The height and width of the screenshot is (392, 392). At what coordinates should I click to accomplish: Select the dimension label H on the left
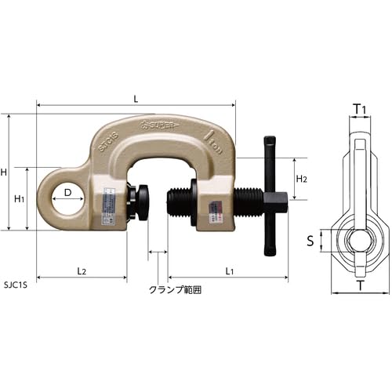pos(5,172)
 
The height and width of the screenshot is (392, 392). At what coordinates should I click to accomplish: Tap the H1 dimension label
pos(20,199)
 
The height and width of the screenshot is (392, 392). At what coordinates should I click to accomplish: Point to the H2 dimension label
pos(301,180)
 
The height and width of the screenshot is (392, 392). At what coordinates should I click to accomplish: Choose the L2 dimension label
pos(82,270)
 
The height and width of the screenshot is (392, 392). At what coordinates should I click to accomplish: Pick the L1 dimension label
pos(229,270)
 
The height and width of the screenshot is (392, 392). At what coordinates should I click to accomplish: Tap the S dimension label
pos(310,241)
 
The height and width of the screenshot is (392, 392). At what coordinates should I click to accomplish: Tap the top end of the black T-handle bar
pos(269,142)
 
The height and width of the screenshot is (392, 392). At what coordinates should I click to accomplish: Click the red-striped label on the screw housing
pos(212,212)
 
